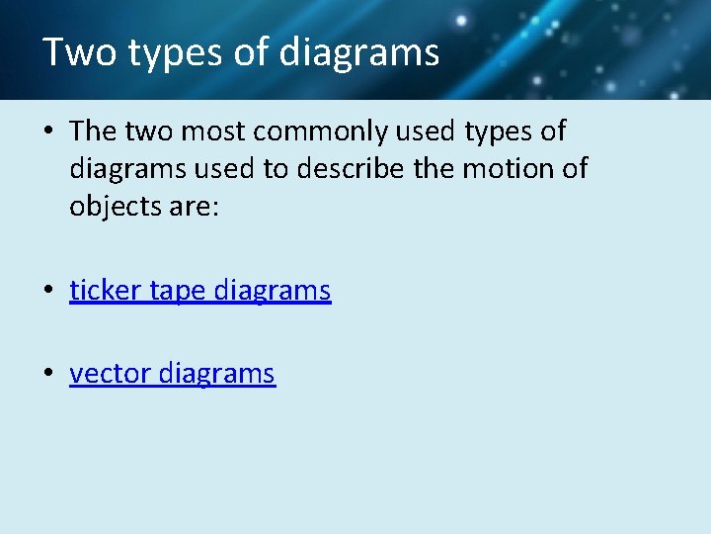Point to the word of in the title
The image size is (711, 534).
253,51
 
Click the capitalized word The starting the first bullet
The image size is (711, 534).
94,132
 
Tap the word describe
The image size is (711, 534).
359,169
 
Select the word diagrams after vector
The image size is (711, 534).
216,375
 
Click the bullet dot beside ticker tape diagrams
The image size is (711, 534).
48,292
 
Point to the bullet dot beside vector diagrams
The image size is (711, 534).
48,375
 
